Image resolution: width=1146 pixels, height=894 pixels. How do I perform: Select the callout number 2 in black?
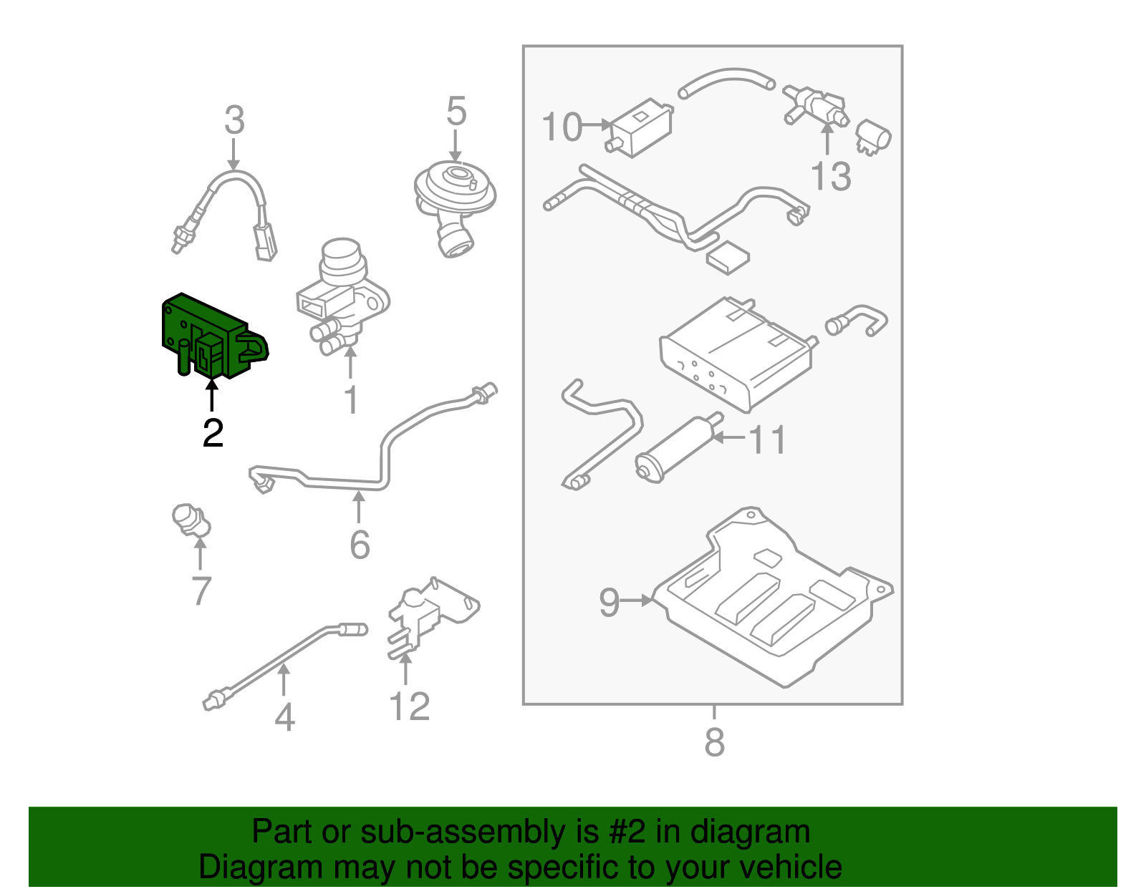tap(213, 433)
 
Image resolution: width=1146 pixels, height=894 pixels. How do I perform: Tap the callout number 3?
tap(234, 121)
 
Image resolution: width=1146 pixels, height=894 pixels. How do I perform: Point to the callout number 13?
tap(831, 176)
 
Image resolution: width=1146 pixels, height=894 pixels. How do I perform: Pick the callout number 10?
tap(562, 127)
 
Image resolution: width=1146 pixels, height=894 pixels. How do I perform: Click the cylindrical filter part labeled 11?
tap(677, 450)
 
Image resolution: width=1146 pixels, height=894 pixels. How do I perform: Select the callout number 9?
tap(609, 602)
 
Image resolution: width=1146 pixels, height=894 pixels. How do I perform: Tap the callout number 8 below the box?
tap(714, 742)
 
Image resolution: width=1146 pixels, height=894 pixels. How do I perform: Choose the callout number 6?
tap(360, 545)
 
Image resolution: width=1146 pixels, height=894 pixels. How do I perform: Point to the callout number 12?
tap(409, 706)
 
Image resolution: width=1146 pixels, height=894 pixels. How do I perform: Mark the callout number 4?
tap(284, 716)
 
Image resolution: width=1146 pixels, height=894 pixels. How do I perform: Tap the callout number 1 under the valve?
tap(351, 399)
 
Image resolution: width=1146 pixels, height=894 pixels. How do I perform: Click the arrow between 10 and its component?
tap(597, 125)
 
